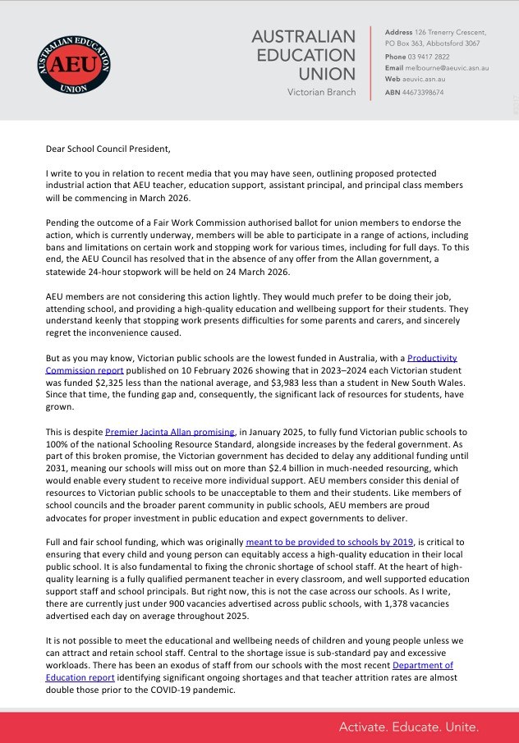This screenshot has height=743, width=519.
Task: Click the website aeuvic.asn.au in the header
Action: [x=423, y=79]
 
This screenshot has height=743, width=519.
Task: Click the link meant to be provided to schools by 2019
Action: [x=331, y=542]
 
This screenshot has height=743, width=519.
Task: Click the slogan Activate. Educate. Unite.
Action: [x=409, y=727]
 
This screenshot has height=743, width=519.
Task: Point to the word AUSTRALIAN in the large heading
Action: [x=303, y=36]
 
